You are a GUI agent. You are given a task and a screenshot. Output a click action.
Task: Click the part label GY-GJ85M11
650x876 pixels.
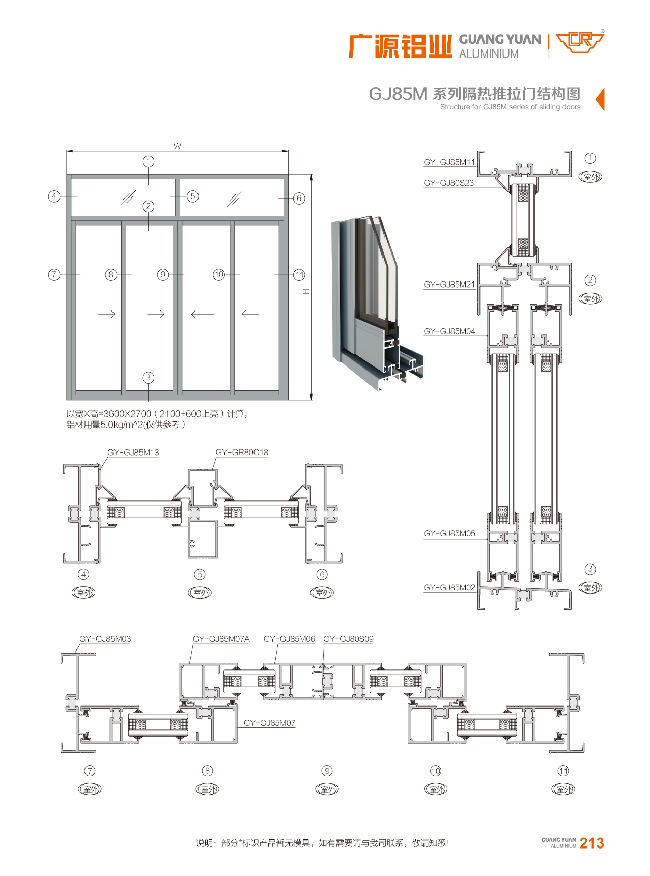coord(449,162)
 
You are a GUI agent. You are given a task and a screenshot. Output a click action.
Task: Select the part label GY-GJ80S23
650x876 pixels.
coord(448,183)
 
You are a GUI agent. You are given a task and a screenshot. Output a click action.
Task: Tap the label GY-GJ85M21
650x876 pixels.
coord(449,285)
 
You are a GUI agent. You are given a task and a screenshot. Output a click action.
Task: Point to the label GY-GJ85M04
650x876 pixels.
coord(449,331)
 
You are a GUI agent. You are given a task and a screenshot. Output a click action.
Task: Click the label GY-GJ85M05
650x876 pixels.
coord(449,533)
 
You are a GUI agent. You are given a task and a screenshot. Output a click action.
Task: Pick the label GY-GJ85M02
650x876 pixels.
coord(449,588)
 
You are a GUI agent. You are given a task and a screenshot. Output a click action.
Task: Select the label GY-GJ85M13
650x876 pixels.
coord(133,452)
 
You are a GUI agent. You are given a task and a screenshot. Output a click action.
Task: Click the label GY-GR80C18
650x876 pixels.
coord(241,452)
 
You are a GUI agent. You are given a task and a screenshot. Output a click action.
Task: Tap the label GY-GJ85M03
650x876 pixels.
coord(105,639)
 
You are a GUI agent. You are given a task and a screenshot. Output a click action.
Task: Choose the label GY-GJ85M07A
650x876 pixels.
coord(221,639)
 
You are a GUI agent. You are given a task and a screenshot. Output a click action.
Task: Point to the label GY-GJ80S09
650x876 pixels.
coord(348,639)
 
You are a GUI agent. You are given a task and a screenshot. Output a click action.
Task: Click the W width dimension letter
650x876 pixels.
coord(177,146)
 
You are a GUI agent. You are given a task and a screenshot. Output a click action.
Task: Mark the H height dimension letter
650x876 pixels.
coord(306,292)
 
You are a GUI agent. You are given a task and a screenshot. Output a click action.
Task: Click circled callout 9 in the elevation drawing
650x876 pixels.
coord(163,275)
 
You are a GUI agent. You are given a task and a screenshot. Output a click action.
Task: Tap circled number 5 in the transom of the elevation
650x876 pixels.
coord(192,196)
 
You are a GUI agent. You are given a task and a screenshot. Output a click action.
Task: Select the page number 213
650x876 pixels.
coord(591,843)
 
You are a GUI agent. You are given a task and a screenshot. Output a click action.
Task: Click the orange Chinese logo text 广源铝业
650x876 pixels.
coord(400,46)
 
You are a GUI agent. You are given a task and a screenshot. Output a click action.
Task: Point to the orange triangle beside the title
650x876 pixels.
coord(600,99)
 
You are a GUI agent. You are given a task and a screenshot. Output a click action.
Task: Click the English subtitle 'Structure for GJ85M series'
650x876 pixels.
coord(510,107)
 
